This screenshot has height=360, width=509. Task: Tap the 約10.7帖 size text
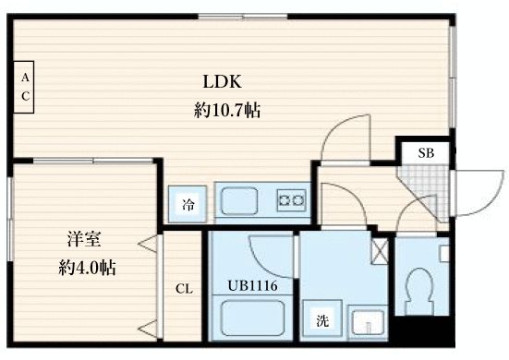(x=227, y=111)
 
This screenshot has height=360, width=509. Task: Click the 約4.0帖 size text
(x=83, y=269)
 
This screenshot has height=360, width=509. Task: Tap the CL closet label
(x=184, y=289)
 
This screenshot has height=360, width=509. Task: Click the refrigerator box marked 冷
(x=188, y=205)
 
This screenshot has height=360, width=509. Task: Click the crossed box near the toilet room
(x=379, y=250)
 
